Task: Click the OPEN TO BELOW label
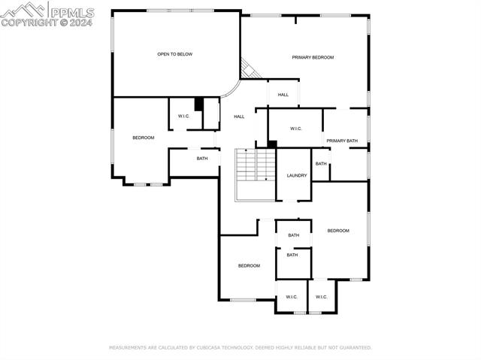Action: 174,54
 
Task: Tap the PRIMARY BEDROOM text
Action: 313,57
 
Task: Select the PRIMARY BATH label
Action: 342,141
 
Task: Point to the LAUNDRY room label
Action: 297,176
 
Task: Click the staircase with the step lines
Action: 256,165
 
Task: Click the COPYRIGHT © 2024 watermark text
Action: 47,23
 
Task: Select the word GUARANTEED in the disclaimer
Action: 354,348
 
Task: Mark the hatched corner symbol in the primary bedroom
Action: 249,69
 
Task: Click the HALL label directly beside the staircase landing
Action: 239,116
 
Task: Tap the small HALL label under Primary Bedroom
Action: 283,95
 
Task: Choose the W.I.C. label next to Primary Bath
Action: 295,129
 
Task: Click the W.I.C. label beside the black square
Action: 183,116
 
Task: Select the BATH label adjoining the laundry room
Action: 321,164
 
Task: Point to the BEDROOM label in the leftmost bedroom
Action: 144,138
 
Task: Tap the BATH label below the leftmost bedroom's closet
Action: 202,159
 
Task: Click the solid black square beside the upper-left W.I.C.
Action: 199,104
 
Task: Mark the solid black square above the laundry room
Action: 272,144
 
